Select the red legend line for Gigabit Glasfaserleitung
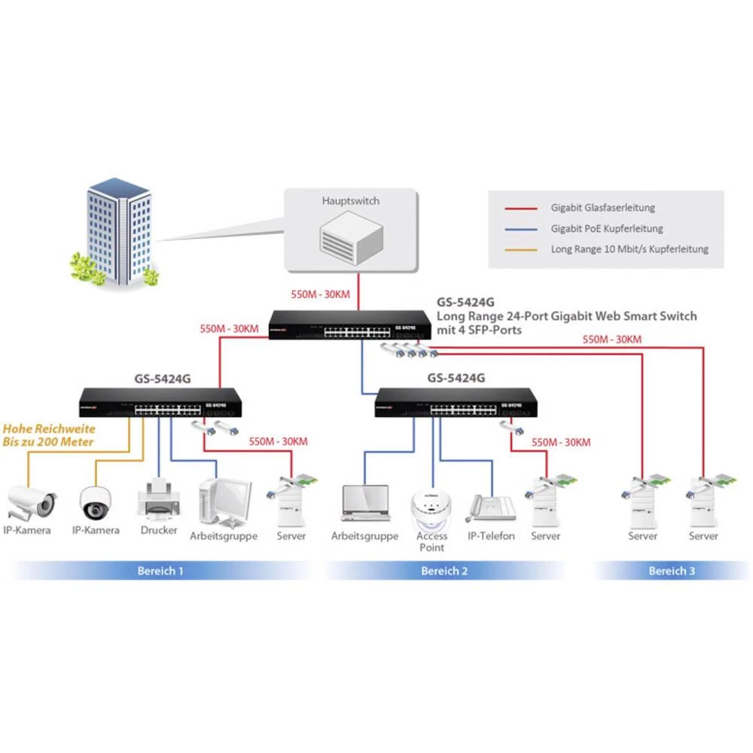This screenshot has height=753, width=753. tap(521, 208)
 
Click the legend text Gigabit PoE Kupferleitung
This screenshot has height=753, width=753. tap(607, 228)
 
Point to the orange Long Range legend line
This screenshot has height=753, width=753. tap(521, 249)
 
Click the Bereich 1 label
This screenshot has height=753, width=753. tap(160, 571)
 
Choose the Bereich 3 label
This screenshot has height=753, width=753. tap(672, 571)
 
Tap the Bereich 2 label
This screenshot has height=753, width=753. tap(444, 571)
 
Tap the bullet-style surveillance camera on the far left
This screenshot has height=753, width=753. tap(30, 501)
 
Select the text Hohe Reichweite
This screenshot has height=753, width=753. tap(49, 428)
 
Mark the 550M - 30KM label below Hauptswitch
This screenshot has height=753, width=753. tap(320, 294)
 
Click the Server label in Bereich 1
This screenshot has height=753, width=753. tap(291, 536)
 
